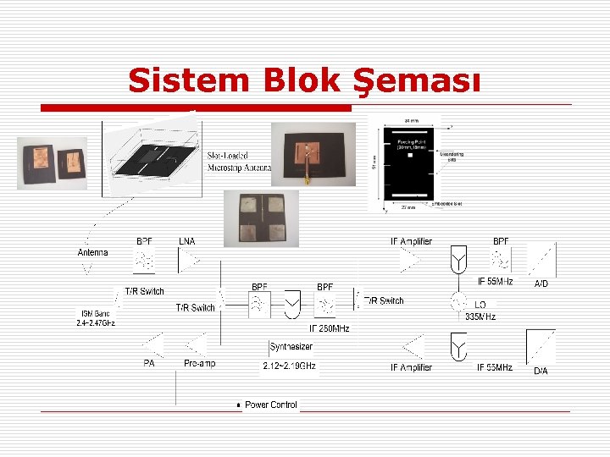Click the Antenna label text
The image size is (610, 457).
93,252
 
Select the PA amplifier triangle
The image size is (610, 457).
154,345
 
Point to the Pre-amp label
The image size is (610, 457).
200,363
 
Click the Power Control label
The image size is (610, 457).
270,405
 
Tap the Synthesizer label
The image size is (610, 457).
291,347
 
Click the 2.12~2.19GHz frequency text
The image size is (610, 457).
289,366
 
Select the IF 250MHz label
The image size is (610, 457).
330,328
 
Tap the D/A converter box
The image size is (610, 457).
541,346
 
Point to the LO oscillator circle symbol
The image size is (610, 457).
458,301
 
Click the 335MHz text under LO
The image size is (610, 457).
480,317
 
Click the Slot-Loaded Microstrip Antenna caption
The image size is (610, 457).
239,162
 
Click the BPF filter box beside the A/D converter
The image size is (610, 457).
502,261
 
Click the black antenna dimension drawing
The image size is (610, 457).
414,162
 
